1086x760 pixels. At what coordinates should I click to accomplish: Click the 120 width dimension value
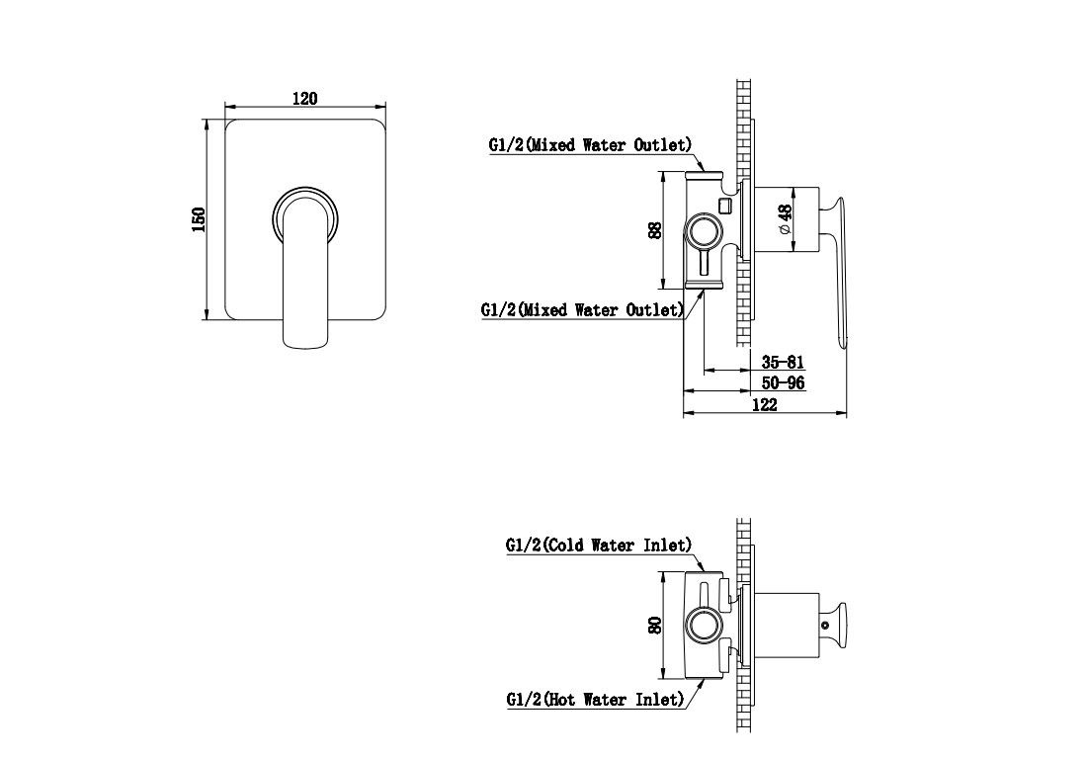304,99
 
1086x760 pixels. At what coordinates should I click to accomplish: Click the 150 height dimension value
199,219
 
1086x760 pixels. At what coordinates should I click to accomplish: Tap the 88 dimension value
654,229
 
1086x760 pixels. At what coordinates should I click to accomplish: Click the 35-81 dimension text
783,362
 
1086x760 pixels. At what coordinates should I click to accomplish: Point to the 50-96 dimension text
783,382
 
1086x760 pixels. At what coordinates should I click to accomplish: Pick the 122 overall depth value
764,404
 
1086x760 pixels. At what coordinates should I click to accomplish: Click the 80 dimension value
654,625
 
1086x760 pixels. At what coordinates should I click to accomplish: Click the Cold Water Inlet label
599,546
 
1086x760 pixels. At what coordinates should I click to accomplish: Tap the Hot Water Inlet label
596,700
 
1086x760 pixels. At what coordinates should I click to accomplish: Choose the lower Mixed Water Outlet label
582,309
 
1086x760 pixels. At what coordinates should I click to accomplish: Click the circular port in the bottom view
704,625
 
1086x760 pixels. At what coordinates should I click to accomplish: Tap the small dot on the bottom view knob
825,625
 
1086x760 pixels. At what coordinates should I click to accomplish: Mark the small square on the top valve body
726,206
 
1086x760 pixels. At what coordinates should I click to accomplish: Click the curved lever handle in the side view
838,270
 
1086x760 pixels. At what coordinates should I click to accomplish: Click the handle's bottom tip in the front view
304,348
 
